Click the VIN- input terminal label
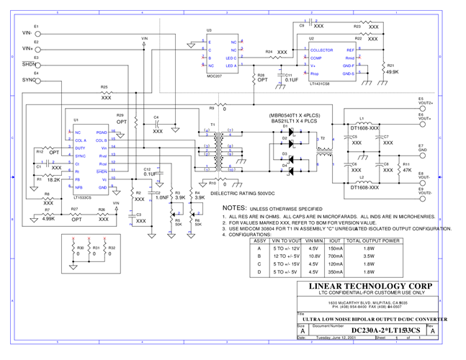27,33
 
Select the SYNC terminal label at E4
28,80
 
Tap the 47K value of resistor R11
406,171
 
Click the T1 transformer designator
212,125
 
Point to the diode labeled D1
285,127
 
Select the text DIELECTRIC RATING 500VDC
242,193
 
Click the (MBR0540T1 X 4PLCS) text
293,114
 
